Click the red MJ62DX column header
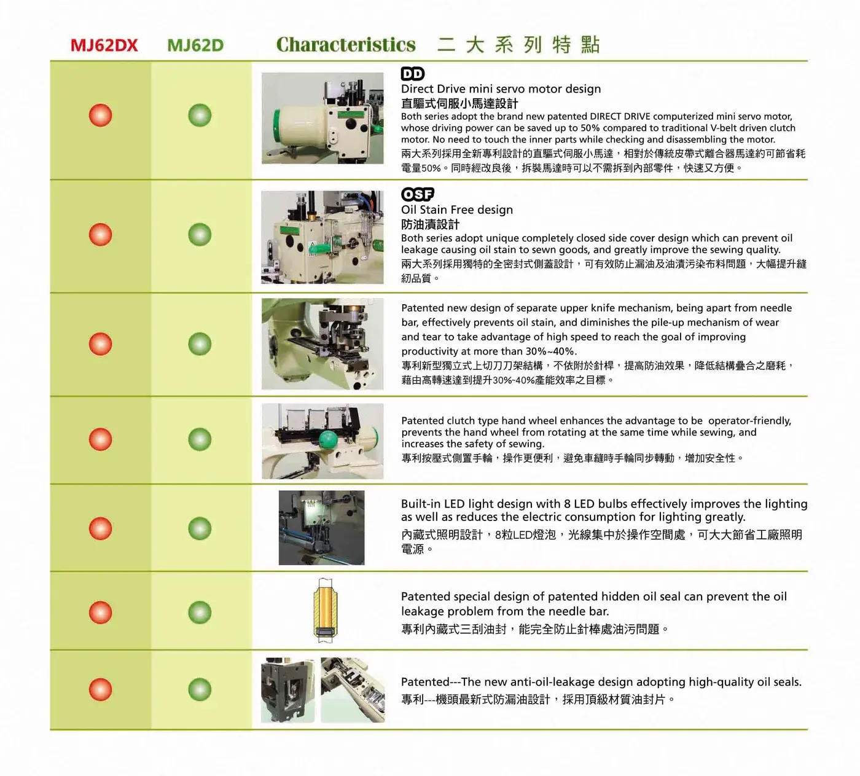click(104, 45)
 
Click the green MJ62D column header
click(195, 45)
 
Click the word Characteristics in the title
click(346, 45)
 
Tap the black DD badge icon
click(412, 74)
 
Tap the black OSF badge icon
click(418, 194)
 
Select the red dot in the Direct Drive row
click(100, 115)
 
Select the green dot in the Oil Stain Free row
click(200, 235)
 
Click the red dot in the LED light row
click(100, 528)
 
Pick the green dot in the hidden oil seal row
click(200, 612)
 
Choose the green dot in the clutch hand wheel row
click(200, 439)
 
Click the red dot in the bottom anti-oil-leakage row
click(100, 689)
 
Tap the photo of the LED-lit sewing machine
click(321, 528)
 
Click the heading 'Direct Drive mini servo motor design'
click(501, 89)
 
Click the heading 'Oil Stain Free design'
click(457, 210)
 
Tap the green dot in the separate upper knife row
click(200, 344)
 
